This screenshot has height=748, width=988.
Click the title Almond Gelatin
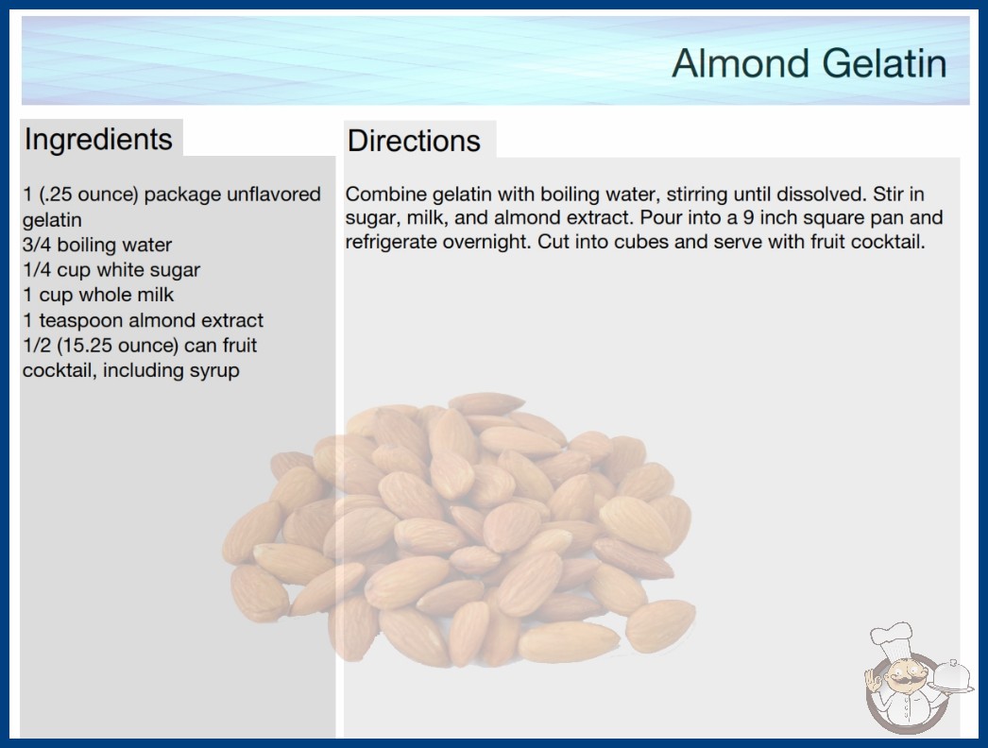[809, 63]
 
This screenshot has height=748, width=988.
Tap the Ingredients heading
[98, 139]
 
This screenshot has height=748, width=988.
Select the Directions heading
[414, 141]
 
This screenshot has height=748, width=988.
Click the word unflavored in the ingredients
[274, 195]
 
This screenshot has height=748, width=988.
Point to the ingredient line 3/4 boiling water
[97, 245]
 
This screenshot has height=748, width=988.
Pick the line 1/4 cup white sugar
[111, 270]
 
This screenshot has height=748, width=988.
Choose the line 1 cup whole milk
[98, 295]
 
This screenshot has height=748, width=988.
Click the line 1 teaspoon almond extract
[143, 320]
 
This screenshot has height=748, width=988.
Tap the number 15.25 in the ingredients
[88, 346]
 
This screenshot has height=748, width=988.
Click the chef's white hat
[892, 639]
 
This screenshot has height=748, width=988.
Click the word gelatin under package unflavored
[52, 221]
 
